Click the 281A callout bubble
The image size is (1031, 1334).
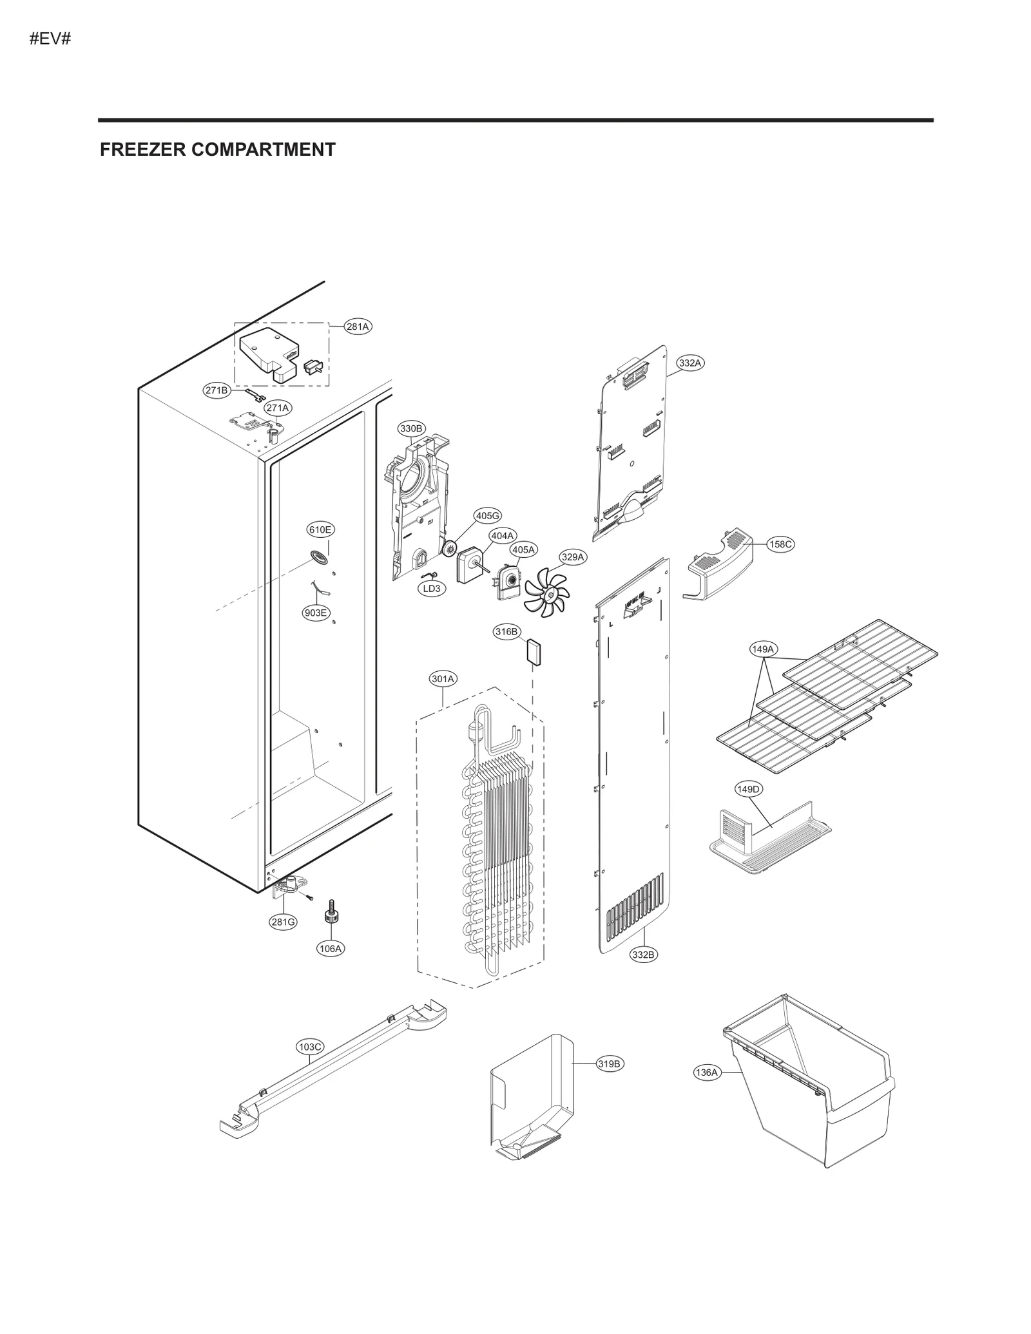(x=358, y=327)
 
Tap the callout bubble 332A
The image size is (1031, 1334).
(x=689, y=363)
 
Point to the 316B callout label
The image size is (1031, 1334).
(x=506, y=632)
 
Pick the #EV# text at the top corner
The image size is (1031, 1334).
(x=50, y=39)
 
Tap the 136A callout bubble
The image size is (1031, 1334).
(x=706, y=1072)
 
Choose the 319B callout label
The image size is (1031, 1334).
(x=609, y=1064)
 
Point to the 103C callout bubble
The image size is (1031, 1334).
(x=310, y=1047)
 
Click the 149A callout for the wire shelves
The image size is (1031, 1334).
(x=763, y=649)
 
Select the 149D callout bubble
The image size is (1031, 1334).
(x=748, y=789)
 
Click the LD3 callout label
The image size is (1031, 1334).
(x=431, y=589)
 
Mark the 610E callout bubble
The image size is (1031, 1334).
(x=320, y=530)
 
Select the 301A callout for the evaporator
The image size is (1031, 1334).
(x=443, y=679)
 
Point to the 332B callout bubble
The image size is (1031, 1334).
(x=643, y=973)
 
